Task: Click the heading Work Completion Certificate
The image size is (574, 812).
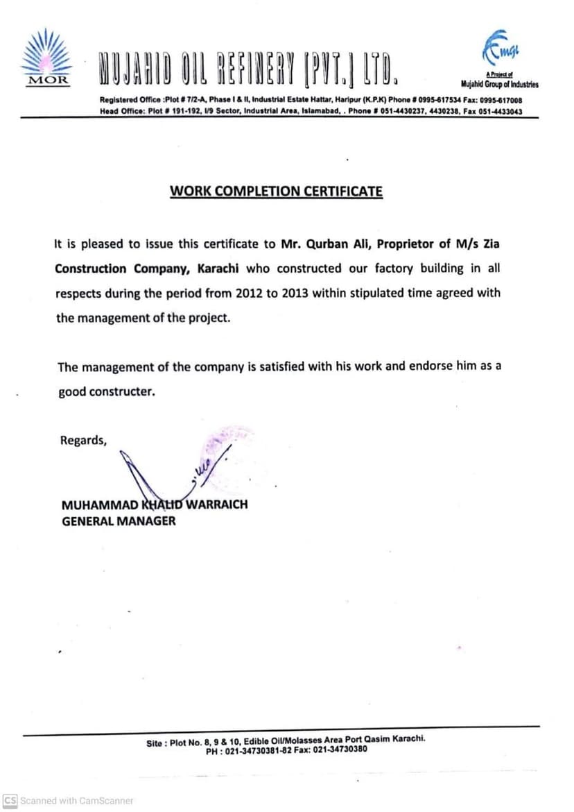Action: click(x=276, y=192)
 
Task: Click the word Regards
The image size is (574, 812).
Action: click(x=83, y=440)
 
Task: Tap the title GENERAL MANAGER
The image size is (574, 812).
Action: click(x=119, y=521)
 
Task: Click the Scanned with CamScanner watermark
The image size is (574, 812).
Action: click(x=69, y=801)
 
